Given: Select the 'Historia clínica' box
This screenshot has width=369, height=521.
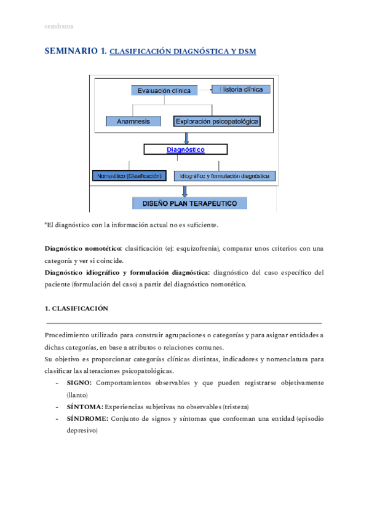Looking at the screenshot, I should pos(240,89).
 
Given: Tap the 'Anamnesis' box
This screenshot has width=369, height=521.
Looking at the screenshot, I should pos(133,122).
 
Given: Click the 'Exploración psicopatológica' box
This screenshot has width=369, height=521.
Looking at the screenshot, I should pos(217,122).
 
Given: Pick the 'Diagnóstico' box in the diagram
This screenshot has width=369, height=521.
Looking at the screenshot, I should pos(185,149).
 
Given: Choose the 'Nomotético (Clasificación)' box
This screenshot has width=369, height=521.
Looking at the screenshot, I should pos(129,176).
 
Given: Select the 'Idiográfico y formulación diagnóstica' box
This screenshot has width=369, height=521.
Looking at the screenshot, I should pos(224,176).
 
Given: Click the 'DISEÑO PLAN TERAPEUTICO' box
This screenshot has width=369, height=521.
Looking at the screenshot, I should pos(190,203).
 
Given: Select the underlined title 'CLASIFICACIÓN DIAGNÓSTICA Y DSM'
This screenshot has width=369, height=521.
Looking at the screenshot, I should pos(182,53).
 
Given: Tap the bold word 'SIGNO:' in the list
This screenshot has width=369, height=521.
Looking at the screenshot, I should pos(79,383).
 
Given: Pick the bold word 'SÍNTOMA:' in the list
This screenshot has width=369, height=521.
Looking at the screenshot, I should pos(85,407).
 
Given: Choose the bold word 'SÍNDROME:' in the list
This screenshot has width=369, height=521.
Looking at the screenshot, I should pos(87,418).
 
